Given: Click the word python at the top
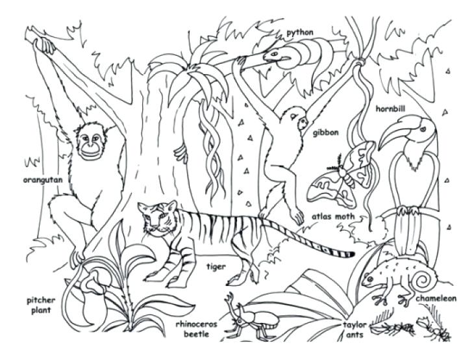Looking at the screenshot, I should pos(299,32).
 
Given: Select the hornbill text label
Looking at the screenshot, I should pos(390,109).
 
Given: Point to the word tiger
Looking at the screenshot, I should pos(216,266).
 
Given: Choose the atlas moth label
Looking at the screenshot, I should pos(332,218).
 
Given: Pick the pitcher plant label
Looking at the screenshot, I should pos(42,305).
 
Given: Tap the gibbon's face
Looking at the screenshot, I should pos(299,122).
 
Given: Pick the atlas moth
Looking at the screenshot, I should pos(343,175).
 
